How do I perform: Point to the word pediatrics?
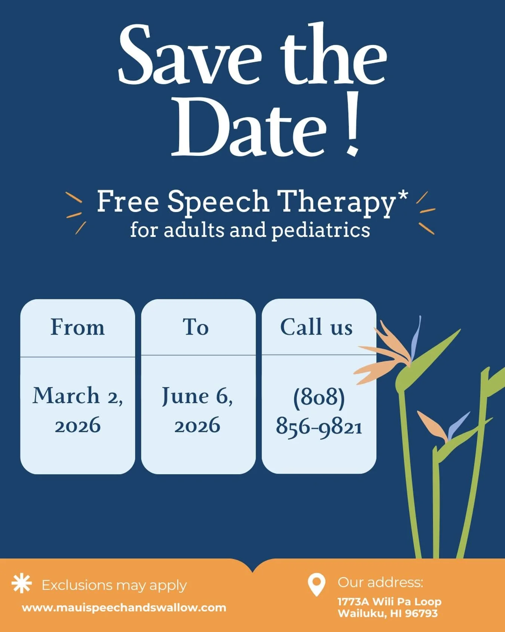[x=321, y=230]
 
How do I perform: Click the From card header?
[x=77, y=327]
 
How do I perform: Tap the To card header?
[x=196, y=327]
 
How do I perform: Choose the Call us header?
[x=316, y=327]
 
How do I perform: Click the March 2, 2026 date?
[x=77, y=410]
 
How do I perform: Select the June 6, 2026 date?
[x=197, y=410]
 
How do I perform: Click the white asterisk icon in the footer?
[x=22, y=584]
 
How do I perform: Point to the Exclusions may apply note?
[x=114, y=585]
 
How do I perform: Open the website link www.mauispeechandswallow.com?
[x=124, y=608]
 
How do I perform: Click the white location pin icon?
[x=316, y=584]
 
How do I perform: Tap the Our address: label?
[x=380, y=582]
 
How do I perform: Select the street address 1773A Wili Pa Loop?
[x=389, y=602]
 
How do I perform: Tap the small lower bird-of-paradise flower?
[x=436, y=427]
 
